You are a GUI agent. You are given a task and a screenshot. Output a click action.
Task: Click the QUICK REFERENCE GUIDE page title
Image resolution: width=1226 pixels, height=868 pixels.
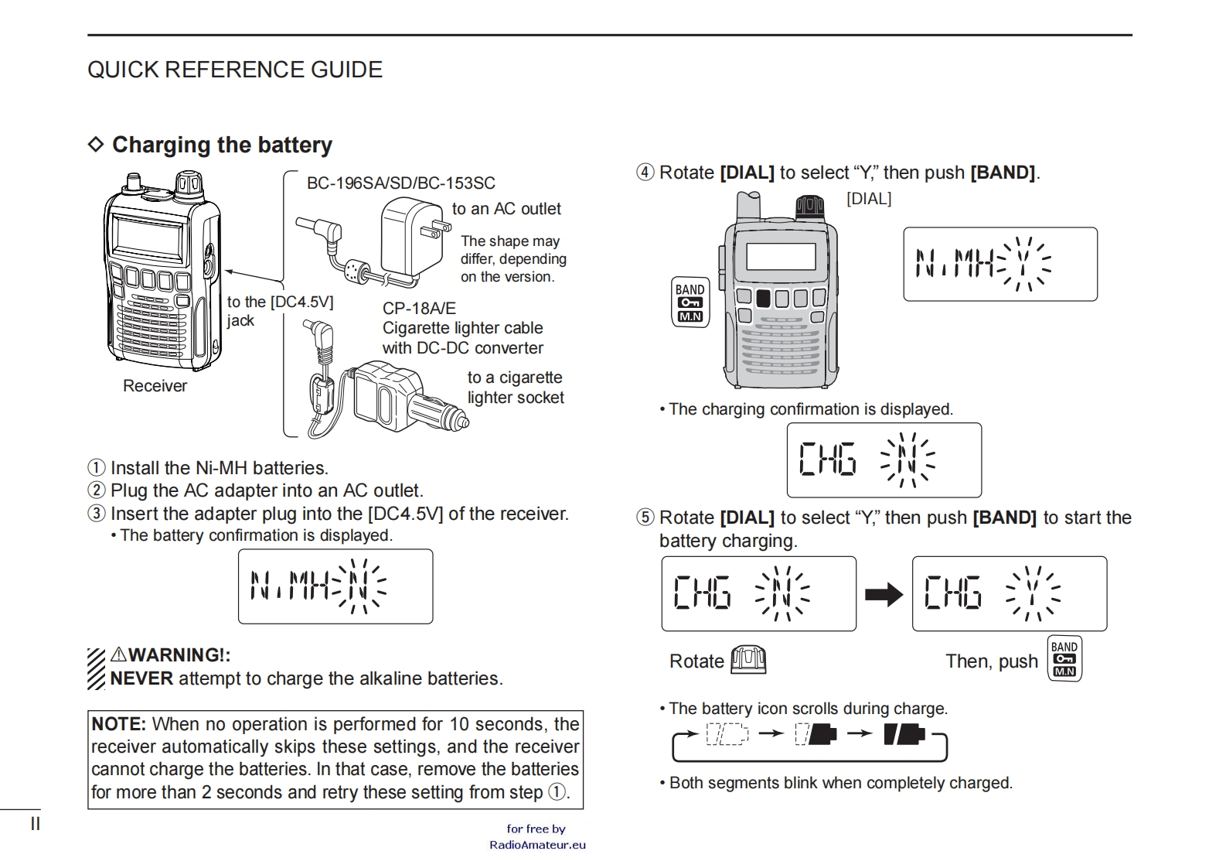[x=234, y=70]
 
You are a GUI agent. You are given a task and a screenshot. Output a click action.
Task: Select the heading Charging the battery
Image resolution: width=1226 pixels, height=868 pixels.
[x=221, y=145]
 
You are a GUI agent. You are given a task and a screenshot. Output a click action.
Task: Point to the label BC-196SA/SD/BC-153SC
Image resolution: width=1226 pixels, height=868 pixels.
[x=400, y=183]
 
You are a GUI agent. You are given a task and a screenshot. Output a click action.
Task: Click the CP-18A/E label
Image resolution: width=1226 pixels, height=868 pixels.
[x=419, y=308]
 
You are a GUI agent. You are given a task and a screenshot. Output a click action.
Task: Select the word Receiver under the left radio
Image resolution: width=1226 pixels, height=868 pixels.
[x=155, y=386]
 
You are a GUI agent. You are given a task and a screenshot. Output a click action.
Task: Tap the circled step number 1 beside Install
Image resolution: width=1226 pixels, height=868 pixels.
[x=96, y=468]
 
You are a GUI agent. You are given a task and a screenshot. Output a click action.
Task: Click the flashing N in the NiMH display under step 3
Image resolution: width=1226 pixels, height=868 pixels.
[x=357, y=586]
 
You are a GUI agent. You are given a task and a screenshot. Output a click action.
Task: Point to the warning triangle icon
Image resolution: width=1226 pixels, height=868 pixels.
[x=118, y=654]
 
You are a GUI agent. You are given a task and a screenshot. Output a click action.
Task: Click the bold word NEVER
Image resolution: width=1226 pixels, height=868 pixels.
[x=141, y=678]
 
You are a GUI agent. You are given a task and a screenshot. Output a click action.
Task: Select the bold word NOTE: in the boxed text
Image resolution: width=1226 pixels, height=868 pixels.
[x=118, y=724]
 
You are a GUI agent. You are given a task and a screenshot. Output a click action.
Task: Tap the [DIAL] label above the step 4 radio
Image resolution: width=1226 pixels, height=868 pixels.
[x=869, y=199]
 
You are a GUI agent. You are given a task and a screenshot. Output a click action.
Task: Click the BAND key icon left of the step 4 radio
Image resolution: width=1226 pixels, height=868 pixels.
[x=690, y=302]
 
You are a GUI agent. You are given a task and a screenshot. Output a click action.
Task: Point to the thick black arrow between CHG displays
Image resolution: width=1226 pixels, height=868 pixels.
[x=884, y=594]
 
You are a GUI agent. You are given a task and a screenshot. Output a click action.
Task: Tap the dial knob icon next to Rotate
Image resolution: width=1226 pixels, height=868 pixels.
[x=748, y=660]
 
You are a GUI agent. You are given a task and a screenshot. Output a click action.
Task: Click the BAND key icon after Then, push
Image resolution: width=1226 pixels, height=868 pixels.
[x=1064, y=659]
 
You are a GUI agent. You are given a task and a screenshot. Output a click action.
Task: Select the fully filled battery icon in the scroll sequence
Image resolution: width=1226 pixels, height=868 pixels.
[x=904, y=733]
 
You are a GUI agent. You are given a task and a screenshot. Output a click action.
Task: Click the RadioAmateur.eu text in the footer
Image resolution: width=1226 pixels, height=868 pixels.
[x=537, y=845]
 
